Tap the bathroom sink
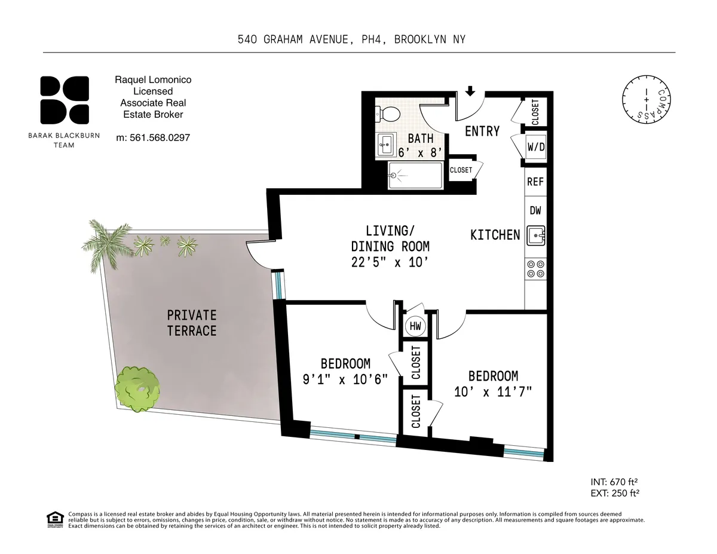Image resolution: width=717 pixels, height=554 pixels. [385, 143]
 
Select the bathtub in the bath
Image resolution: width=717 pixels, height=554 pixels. [416, 175]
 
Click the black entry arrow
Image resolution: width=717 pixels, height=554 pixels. [470, 91]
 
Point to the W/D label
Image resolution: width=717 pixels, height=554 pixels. [535, 147]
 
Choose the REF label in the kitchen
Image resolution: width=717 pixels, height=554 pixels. [535, 182]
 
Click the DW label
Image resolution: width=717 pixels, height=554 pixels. [535, 210]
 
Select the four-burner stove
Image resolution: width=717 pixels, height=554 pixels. [535, 269]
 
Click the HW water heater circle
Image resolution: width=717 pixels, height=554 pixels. [415, 326]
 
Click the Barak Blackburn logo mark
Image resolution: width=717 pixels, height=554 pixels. [65, 100]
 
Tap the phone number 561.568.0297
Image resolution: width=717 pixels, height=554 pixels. [152, 137]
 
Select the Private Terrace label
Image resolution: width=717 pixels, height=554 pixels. [191, 323]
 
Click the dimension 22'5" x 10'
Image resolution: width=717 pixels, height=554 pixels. [390, 261]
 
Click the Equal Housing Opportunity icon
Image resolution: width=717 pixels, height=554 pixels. [55, 519]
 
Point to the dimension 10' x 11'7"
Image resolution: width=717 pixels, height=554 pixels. [493, 392]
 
